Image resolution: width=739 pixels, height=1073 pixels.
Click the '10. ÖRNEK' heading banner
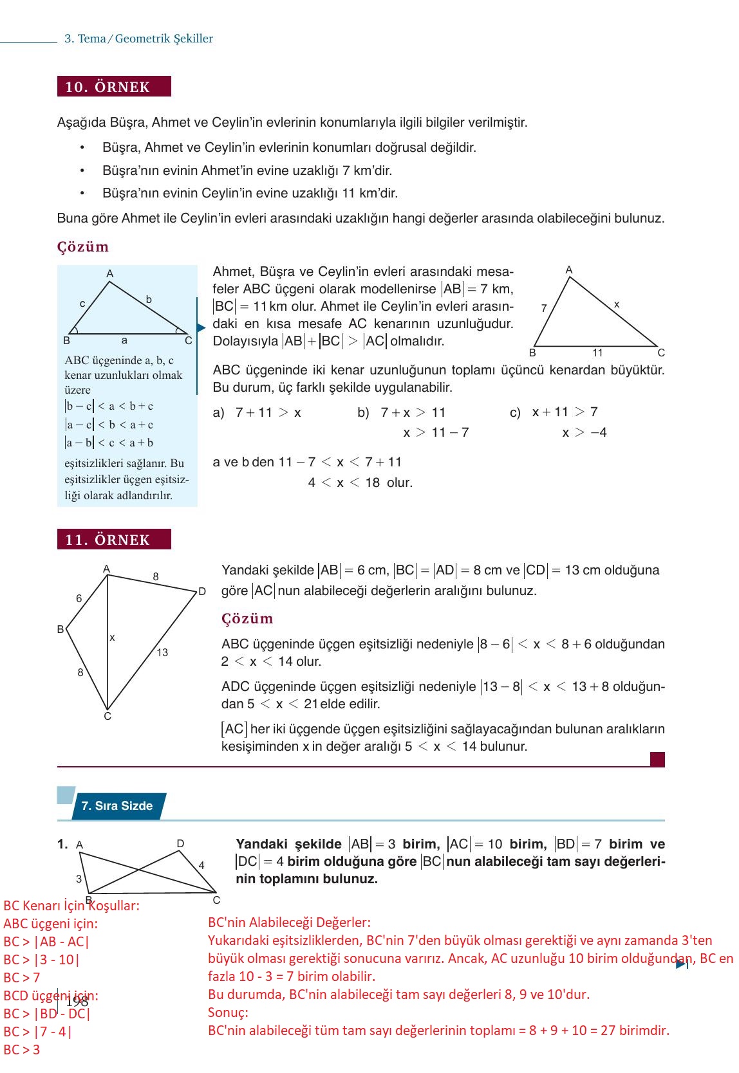coord(114,87)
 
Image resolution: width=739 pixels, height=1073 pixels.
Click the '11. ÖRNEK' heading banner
coord(114,540)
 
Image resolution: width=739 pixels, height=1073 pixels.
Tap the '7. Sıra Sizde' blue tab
coord(117,806)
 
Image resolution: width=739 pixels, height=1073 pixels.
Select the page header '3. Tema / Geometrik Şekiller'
coord(138,39)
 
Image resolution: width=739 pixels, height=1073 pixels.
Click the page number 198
coord(77,1002)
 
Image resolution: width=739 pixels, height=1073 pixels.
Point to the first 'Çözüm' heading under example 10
coord(83,247)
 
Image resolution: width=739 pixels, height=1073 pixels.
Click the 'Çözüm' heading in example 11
coord(247,619)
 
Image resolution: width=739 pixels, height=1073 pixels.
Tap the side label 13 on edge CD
coord(162,652)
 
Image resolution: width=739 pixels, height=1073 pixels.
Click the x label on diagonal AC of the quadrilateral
coord(112,637)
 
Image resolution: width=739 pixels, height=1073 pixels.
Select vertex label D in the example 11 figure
coord(201,591)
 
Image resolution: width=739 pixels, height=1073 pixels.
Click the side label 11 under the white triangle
coord(597,353)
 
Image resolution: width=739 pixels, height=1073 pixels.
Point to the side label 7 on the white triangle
coord(544,308)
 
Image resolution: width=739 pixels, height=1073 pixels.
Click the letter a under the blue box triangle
coord(124,340)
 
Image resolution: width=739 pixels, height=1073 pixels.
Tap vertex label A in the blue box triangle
coord(110,274)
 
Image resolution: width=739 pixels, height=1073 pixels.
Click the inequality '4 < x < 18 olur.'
coord(360,482)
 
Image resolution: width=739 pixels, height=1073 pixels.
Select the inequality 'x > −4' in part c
coord(584,432)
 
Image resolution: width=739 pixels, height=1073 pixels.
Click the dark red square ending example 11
coord(657,760)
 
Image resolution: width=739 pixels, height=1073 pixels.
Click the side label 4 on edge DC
coord(201,866)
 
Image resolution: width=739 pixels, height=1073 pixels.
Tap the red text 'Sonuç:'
coord(228,1013)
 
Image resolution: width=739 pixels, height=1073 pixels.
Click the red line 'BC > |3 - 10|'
coord(42,959)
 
